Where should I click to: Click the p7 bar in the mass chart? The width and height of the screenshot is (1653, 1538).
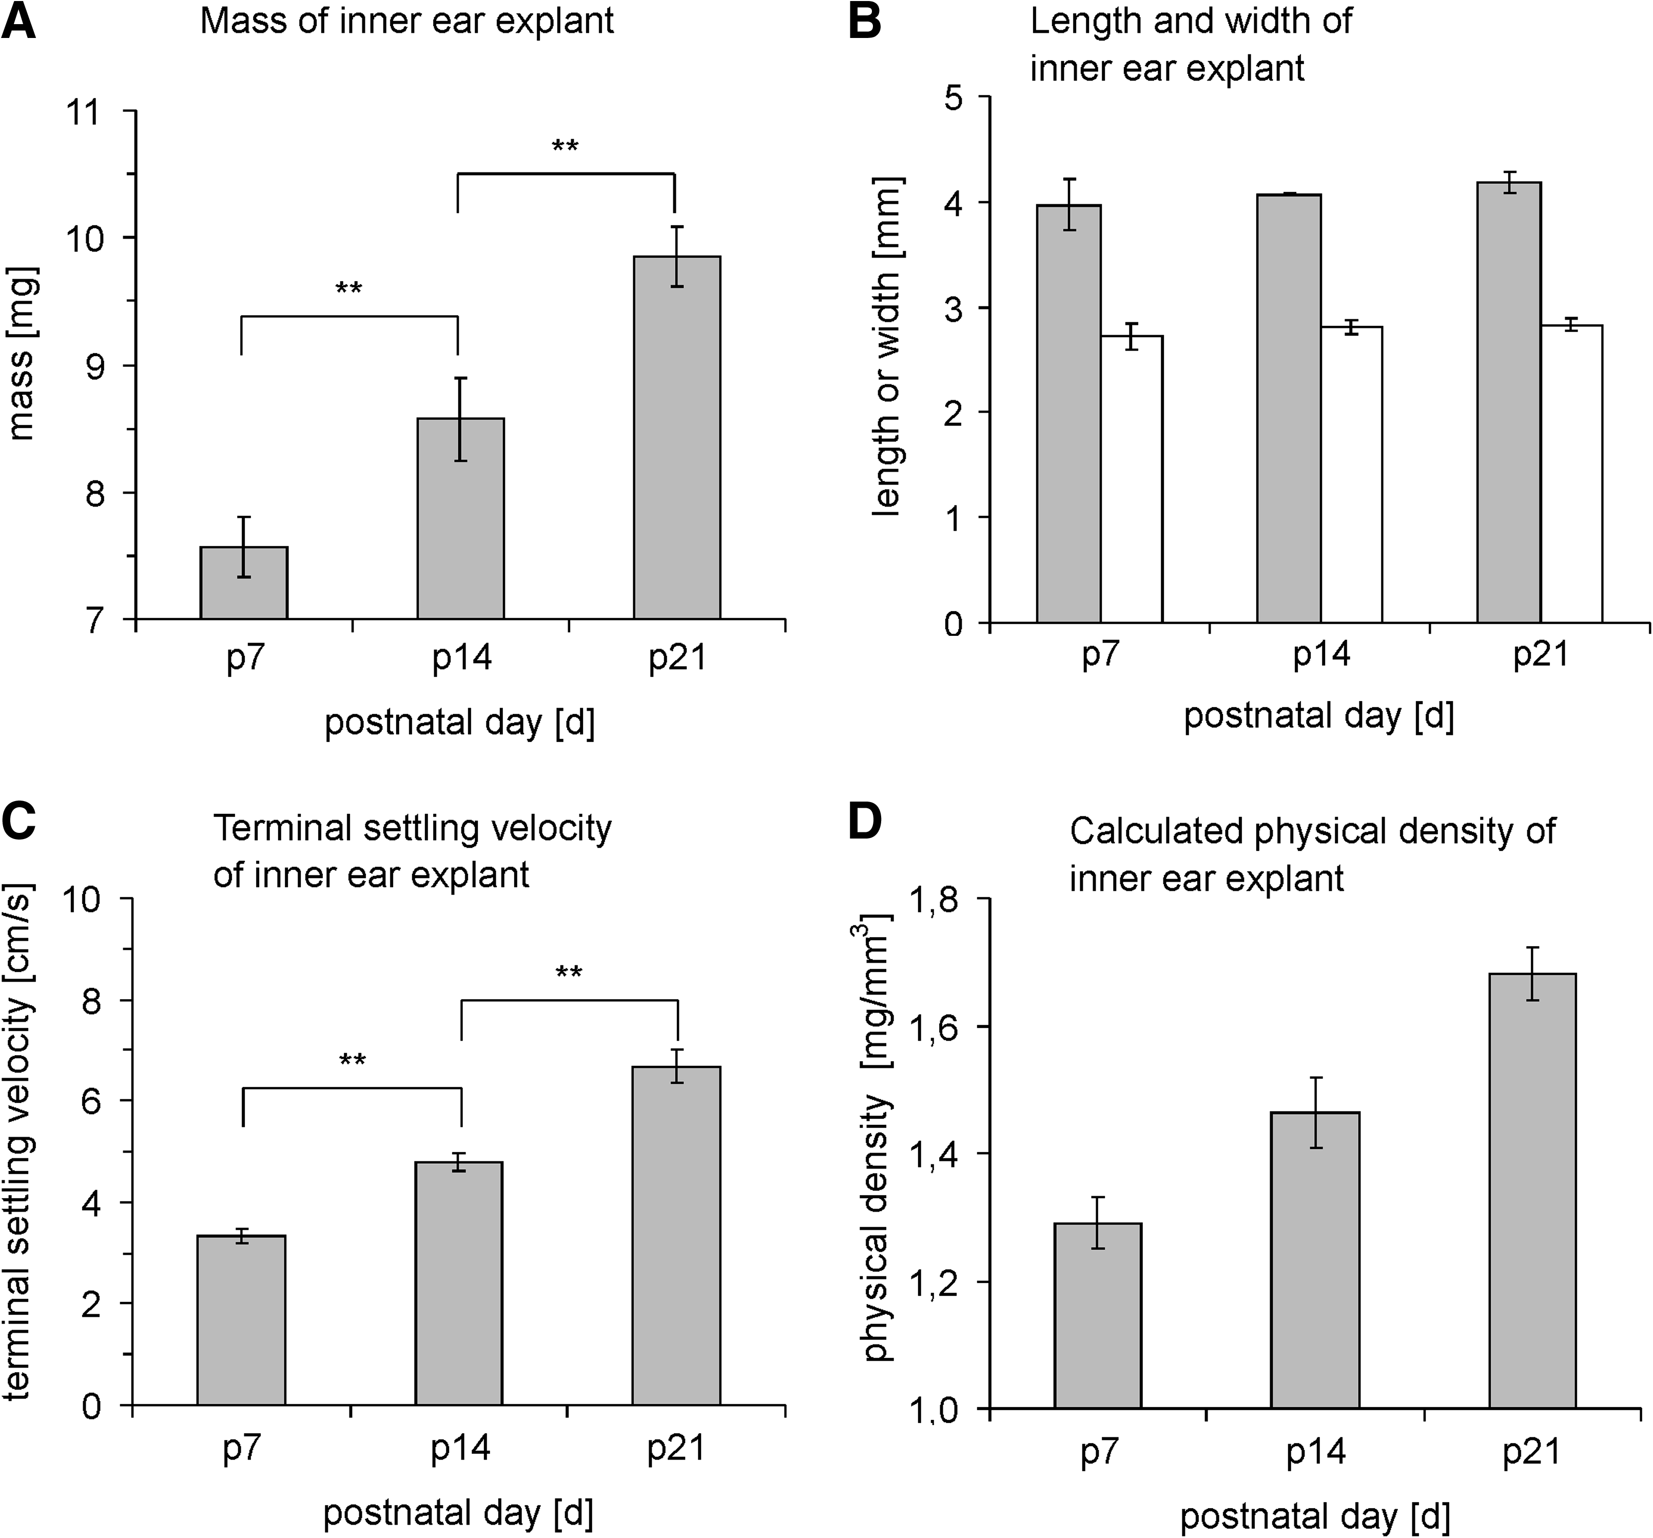point(244,583)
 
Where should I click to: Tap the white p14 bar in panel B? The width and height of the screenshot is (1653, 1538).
point(1351,475)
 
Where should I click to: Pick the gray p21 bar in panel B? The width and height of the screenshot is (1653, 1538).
point(1509,402)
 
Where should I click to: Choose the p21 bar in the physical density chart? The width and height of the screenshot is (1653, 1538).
point(1532,1191)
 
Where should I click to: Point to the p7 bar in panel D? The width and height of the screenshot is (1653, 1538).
point(1098,1315)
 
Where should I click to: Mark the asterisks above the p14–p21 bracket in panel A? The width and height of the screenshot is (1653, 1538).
point(566,147)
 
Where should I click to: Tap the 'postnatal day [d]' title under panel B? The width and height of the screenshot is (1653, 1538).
point(1319,716)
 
